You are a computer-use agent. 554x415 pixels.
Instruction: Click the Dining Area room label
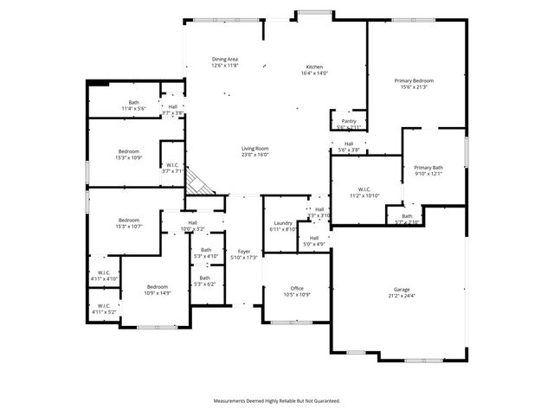tap(224, 59)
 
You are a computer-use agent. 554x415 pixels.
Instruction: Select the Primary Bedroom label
tap(416, 80)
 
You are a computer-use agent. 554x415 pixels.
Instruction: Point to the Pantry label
tap(348, 121)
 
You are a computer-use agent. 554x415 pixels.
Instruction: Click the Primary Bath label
tap(428, 168)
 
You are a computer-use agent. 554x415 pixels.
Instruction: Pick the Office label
tap(297, 288)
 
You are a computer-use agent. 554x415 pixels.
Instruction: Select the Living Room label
tap(254, 148)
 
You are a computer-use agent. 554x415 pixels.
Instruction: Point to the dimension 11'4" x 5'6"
tap(133, 108)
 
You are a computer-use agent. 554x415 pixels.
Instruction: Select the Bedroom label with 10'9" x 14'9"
tap(157, 286)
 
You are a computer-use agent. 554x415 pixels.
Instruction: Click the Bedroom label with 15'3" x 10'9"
tap(128, 151)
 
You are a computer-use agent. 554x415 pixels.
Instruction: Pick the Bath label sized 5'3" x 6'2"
tap(205, 278)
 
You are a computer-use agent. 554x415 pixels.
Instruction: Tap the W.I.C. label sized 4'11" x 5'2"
tap(103, 305)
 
